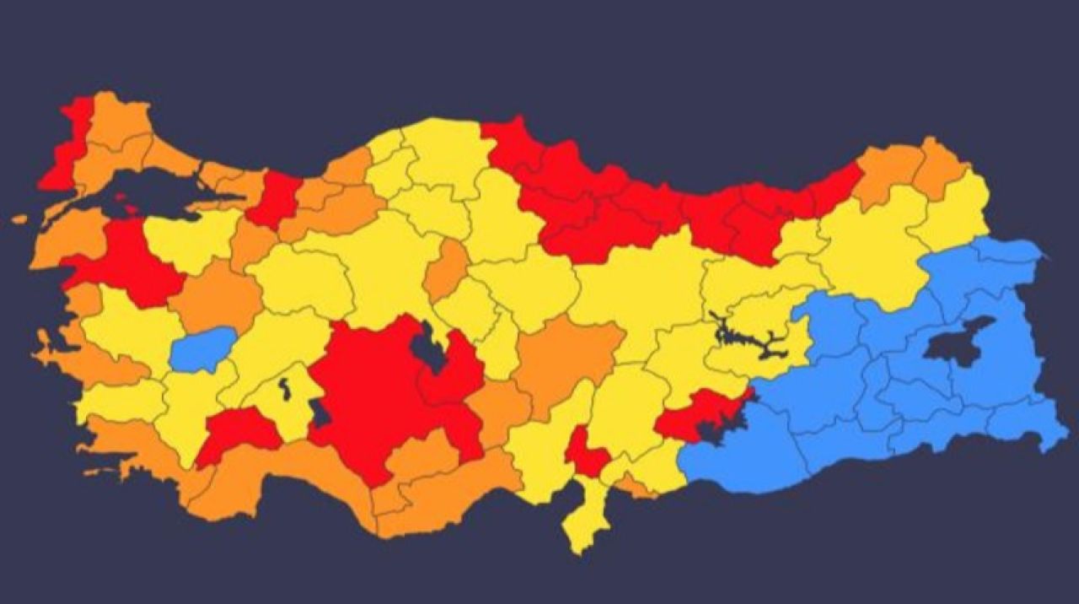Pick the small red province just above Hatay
pyautogui.click(x=586, y=456)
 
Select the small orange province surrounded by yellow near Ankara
pyautogui.click(x=447, y=270)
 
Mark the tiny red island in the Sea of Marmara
pyautogui.click(x=129, y=205)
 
